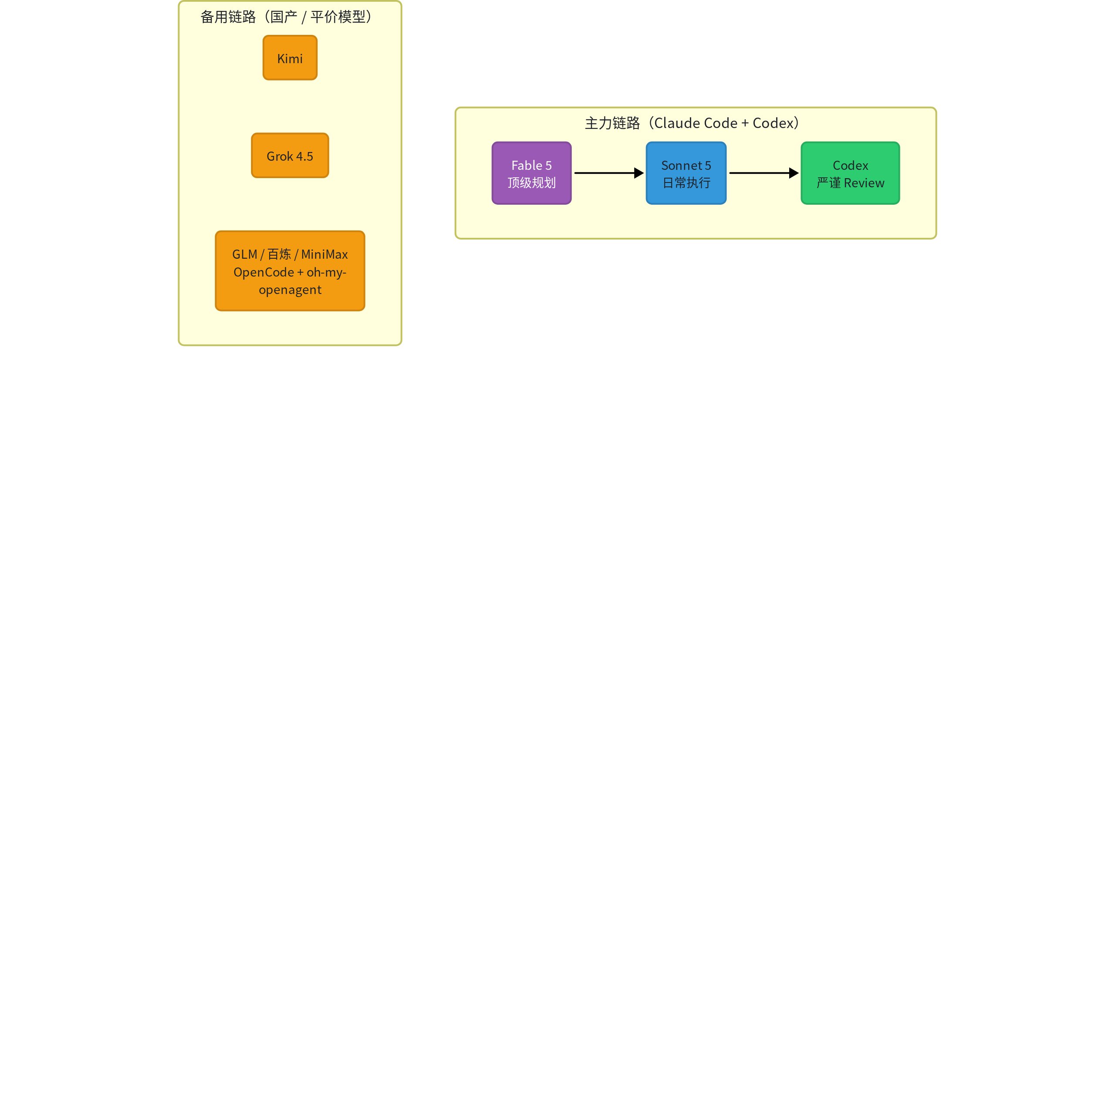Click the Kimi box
(290, 58)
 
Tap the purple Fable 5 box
(531, 173)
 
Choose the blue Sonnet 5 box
(686, 173)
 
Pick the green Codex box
(850, 173)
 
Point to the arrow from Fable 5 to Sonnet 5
(609, 173)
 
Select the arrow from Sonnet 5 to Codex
(764, 173)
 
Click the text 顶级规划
(531, 183)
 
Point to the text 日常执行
(686, 183)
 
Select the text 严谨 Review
(850, 183)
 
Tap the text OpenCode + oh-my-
(290, 272)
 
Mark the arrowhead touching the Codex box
(794, 173)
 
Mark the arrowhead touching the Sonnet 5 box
(639, 173)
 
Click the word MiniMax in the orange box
(324, 254)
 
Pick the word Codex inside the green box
(850, 166)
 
